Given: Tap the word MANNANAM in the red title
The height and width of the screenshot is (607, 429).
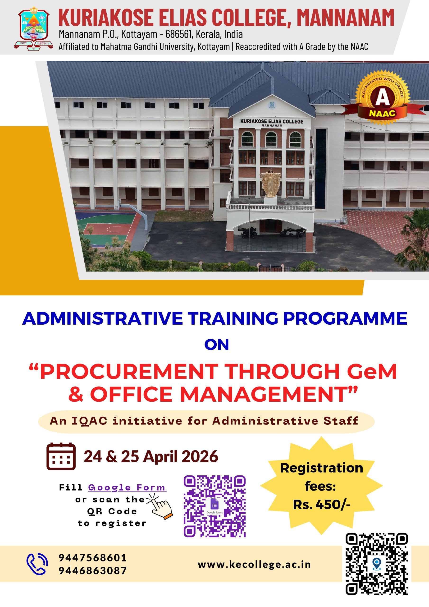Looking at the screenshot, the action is [346, 18].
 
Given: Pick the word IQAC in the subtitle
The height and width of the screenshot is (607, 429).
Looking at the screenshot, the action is [89, 421].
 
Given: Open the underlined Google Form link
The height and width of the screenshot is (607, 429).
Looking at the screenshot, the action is [127, 487].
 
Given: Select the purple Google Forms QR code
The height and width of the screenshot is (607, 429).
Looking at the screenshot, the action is [215, 506].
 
